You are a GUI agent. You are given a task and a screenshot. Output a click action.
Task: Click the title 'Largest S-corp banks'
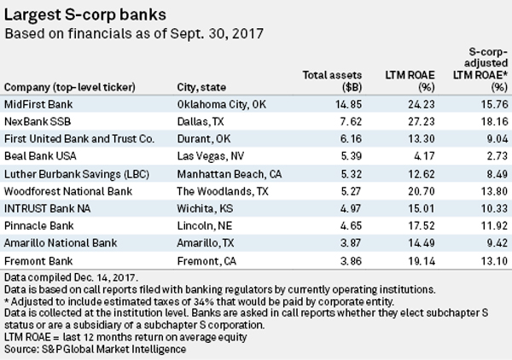click(85, 15)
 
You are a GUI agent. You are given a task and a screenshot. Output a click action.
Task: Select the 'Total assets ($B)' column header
click(332, 81)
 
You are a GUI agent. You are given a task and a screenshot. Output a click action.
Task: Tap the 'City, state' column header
click(201, 88)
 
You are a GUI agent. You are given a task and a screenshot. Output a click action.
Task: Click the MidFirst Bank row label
click(38, 104)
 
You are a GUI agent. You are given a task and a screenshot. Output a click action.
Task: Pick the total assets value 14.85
click(348, 104)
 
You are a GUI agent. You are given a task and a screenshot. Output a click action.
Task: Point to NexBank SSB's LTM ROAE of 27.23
click(422, 121)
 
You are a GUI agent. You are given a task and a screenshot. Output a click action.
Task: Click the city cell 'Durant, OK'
click(204, 139)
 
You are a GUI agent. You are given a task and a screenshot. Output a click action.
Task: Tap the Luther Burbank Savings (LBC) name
click(77, 174)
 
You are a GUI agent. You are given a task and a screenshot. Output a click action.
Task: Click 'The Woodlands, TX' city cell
click(223, 191)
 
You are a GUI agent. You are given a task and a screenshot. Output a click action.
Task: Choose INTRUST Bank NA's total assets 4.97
click(351, 208)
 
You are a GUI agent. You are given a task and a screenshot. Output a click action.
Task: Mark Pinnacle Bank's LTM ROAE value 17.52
click(422, 225)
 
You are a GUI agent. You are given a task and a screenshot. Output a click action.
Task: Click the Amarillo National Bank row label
click(61, 243)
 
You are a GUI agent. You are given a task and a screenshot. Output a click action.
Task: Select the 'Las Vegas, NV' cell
click(211, 156)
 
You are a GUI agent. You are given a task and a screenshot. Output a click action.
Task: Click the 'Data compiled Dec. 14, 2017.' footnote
click(71, 277)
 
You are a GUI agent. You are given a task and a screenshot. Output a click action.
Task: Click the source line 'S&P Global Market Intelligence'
click(114, 349)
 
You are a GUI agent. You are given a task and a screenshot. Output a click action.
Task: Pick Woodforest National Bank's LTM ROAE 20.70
click(422, 191)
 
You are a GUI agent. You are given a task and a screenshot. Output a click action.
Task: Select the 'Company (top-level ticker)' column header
click(70, 88)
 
